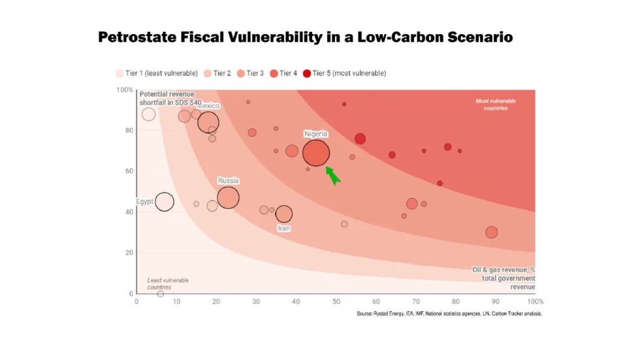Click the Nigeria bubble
click(316, 154)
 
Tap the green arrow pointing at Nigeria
click(332, 175)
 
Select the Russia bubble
click(228, 197)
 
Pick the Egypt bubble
click(165, 202)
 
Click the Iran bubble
click(284, 214)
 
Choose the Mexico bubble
click(208, 122)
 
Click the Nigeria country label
click(316, 134)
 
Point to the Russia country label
click(228, 180)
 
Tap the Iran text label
click(284, 229)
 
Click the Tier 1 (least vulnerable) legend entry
click(157, 73)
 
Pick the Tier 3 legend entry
click(250, 73)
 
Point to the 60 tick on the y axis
click(129, 171)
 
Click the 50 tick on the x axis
click(336, 301)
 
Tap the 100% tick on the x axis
click(535, 301)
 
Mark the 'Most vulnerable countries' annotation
click(492, 105)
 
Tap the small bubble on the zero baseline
click(160, 294)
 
